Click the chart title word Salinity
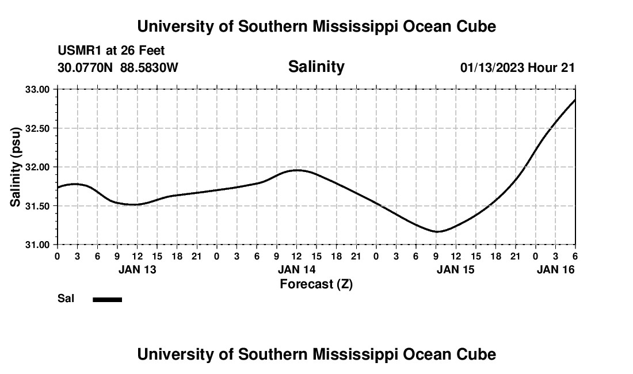click(316, 67)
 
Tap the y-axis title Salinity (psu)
click(16, 167)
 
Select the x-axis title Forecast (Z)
click(316, 284)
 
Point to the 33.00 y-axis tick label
click(38, 89)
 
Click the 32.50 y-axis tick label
click(38, 128)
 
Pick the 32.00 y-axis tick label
click(38, 167)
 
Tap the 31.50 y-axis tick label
click(38, 206)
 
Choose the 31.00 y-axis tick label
click(38, 245)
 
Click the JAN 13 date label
click(137, 269)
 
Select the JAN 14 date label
click(296, 269)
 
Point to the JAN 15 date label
click(456, 269)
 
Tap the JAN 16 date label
click(555, 269)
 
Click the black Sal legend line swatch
click(108, 299)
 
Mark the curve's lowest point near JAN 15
click(437, 232)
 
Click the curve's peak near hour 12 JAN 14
click(297, 170)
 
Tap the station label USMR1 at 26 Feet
click(111, 51)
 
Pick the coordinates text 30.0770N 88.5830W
click(118, 67)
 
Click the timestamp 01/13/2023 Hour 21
click(517, 67)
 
